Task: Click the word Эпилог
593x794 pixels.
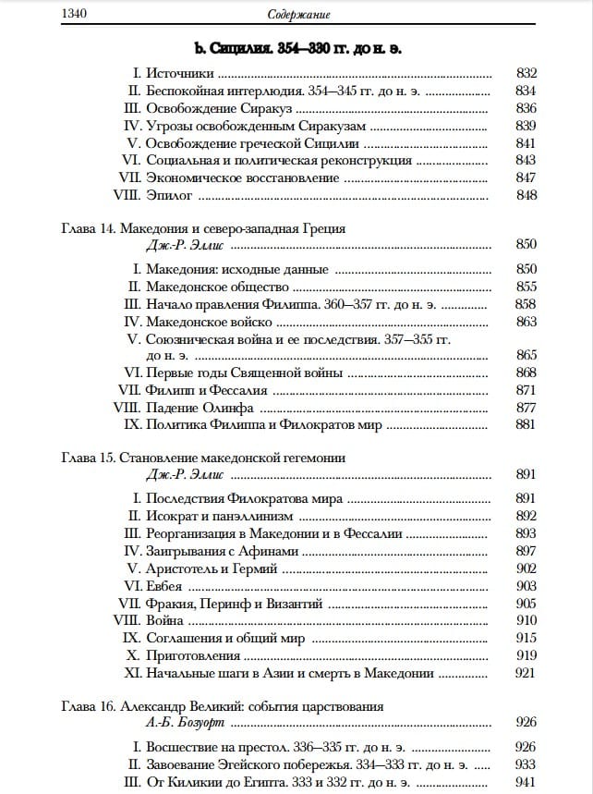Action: click(169, 195)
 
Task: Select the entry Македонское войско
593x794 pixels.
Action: click(210, 322)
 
